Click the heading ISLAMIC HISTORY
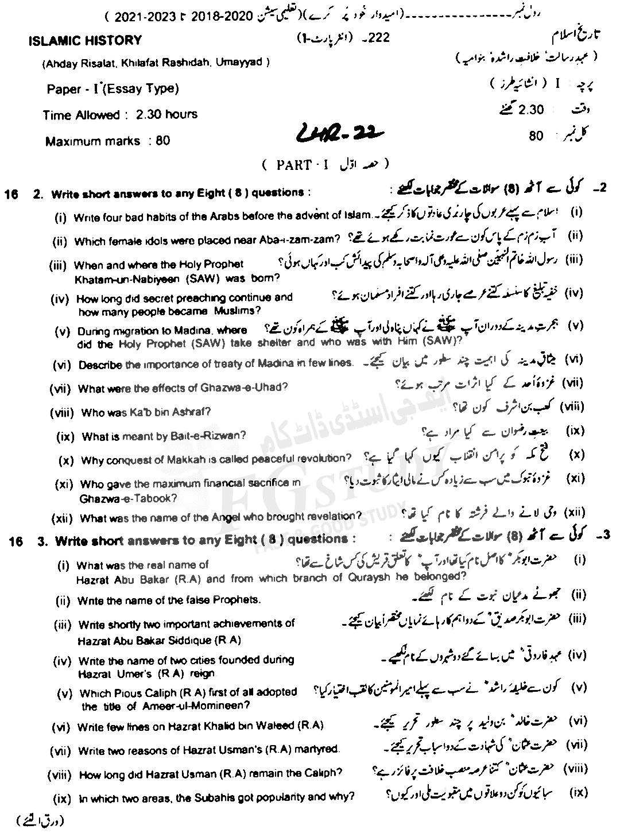(85, 41)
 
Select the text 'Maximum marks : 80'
(108, 141)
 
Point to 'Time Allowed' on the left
(80, 115)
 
